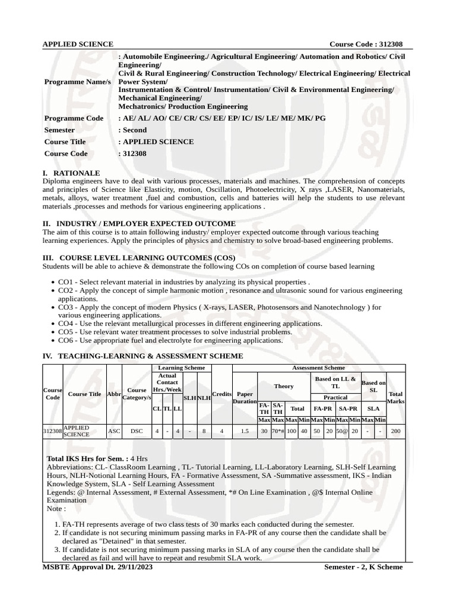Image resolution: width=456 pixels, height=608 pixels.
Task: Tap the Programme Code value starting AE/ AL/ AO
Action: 222,118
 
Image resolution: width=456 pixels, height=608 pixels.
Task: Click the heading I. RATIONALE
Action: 72,173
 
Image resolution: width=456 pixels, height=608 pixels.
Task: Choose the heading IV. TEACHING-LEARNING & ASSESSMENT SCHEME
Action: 143,356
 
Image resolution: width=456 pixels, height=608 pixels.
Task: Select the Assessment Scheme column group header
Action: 318,368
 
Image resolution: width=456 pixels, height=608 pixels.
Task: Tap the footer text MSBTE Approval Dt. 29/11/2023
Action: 98,567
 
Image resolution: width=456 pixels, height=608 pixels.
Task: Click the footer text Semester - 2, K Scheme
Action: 363,567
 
